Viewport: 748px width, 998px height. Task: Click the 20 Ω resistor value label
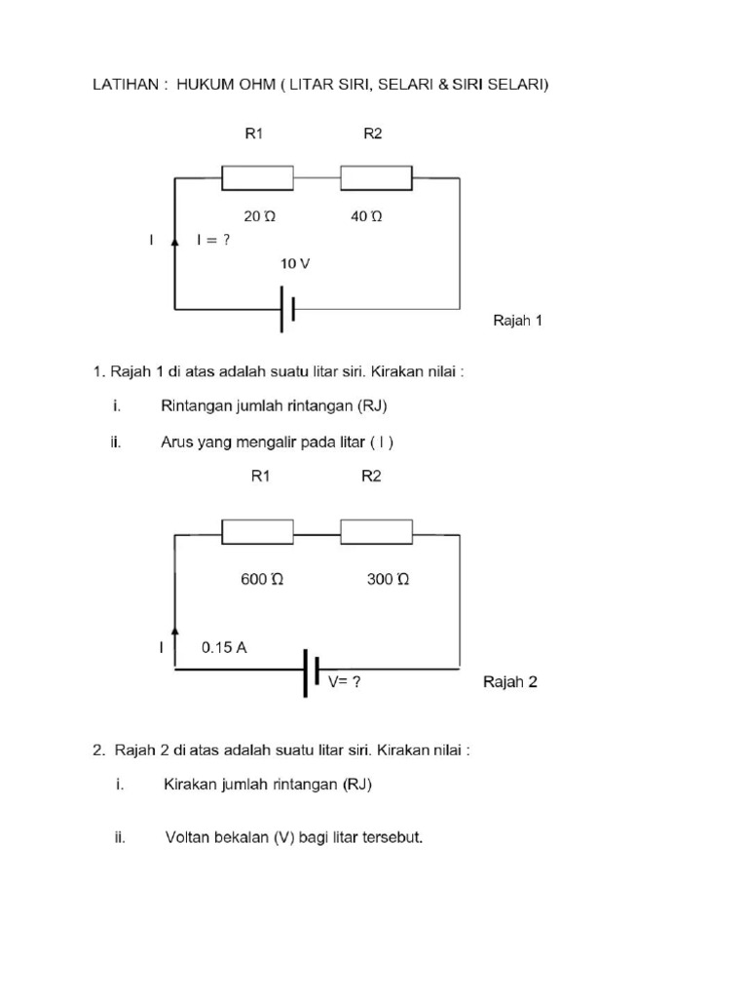(260, 217)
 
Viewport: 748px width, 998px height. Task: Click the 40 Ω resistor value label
(366, 217)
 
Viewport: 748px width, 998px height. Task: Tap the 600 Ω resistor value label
(262, 579)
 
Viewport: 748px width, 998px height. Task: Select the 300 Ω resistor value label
(388, 579)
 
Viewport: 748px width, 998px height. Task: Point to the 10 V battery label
(296, 264)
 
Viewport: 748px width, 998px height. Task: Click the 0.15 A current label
(224, 646)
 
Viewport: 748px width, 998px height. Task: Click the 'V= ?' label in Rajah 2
(344, 682)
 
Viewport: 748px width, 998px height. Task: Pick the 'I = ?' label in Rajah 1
(213, 240)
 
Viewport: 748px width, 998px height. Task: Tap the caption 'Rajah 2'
(510, 682)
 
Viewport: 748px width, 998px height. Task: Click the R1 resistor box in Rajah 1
(258, 178)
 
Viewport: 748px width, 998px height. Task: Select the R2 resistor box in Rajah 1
(376, 178)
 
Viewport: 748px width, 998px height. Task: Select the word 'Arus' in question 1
(177, 442)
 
